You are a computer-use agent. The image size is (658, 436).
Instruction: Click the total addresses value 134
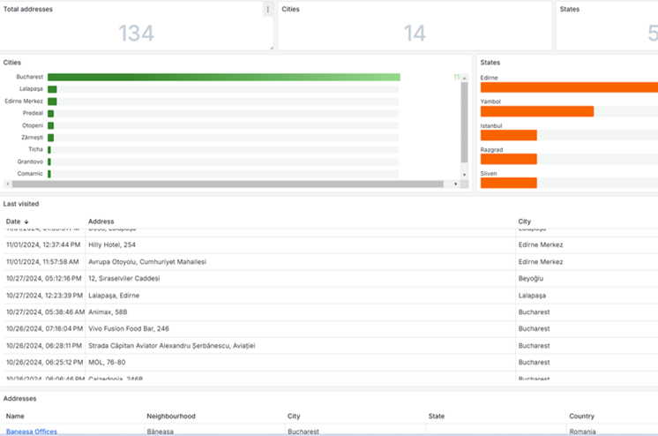136,33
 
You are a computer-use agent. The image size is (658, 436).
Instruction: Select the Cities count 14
415,33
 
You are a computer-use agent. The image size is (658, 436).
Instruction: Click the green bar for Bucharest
223,77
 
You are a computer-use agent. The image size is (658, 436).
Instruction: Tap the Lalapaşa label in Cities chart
31,89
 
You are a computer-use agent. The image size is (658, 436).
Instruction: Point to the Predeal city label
33,113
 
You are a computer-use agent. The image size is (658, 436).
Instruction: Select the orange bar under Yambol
536,111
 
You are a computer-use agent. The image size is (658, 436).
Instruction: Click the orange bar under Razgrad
508,159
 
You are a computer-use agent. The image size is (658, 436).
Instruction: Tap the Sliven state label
489,174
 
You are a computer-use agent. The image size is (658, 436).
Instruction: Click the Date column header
13,222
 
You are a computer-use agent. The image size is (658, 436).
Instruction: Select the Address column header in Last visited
101,222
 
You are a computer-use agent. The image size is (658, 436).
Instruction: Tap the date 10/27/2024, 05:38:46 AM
44,312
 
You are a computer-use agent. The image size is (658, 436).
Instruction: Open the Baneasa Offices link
31,432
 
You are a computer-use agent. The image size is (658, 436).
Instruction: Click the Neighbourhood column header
171,416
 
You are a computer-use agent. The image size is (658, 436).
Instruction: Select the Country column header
581,416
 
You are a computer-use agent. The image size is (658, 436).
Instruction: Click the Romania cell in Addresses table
582,432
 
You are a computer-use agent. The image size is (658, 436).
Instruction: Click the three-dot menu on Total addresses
267,10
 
